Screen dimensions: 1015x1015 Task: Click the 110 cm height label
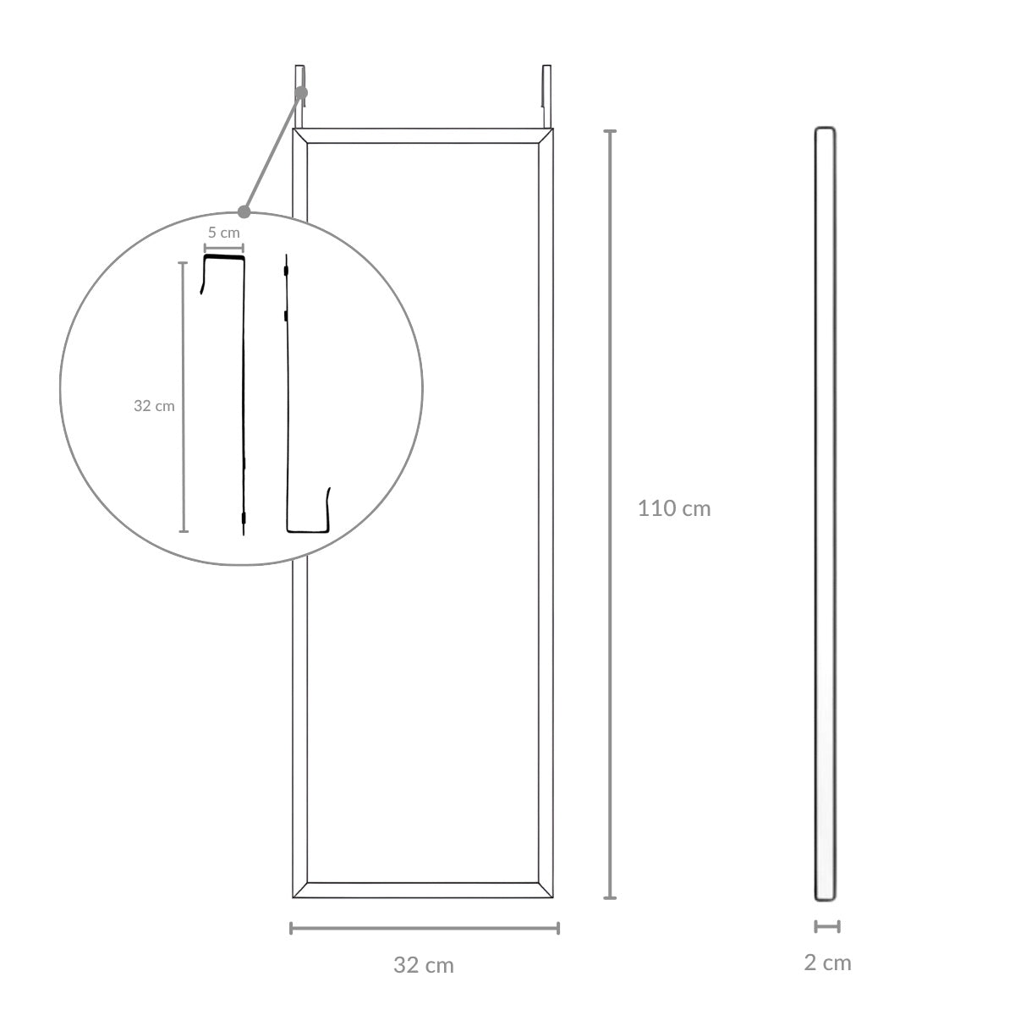coord(673,508)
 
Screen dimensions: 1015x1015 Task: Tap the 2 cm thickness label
coord(827,963)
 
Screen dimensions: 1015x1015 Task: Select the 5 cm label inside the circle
coord(224,233)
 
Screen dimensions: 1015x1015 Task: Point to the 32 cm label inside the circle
coord(154,406)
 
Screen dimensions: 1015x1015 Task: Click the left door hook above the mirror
coord(299,96)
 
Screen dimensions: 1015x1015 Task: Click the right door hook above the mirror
coord(546,96)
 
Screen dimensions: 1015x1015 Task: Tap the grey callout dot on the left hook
coord(301,93)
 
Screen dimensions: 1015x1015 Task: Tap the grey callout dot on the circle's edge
coord(244,211)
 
